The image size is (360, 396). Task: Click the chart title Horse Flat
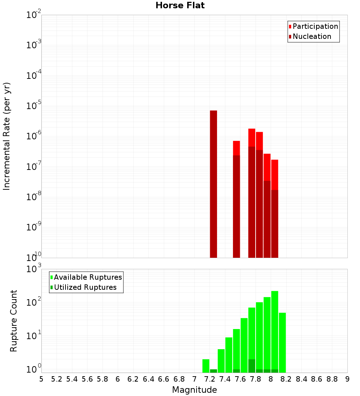click(x=180, y=5)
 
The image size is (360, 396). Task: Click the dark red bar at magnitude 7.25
click(x=213, y=184)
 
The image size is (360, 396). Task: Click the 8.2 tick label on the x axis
click(x=286, y=379)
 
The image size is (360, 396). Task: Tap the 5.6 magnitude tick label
click(x=87, y=379)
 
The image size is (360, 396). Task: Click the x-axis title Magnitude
click(x=194, y=390)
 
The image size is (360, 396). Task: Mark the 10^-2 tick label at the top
click(x=34, y=15)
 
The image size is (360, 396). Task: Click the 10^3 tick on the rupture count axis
click(x=34, y=269)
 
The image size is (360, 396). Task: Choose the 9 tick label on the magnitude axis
click(x=347, y=379)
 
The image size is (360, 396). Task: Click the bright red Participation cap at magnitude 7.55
click(x=237, y=148)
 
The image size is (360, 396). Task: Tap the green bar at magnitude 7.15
click(x=206, y=365)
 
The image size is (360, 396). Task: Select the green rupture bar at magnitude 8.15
click(x=282, y=342)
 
